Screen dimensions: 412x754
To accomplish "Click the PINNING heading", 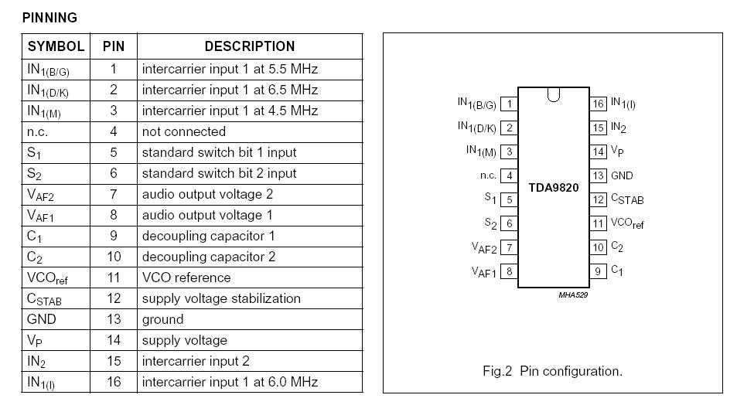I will [x=49, y=17].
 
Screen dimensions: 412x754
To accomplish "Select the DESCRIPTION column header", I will [x=249, y=46].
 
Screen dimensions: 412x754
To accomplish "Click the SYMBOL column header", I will [x=56, y=46].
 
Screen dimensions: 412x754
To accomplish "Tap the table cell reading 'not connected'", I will [x=183, y=131].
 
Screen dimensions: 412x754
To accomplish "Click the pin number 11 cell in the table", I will [x=113, y=278].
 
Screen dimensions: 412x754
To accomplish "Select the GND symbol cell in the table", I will [x=42, y=319].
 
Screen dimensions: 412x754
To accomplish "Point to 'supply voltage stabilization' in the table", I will [x=220, y=298].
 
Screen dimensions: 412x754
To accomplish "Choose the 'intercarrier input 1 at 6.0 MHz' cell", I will [x=230, y=382].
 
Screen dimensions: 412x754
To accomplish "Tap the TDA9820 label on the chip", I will [x=553, y=188].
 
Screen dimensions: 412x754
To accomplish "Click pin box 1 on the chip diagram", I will [x=509, y=104].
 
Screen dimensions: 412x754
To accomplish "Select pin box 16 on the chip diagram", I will [x=598, y=104].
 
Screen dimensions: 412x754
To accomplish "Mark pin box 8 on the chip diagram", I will [x=509, y=271].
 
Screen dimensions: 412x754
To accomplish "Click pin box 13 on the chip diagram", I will [x=598, y=175].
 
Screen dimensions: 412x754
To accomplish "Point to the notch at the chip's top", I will [x=553, y=95].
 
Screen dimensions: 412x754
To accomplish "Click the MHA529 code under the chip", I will [x=573, y=295].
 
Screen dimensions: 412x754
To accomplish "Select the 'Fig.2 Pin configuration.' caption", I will [x=552, y=371].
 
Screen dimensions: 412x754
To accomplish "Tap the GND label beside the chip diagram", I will [x=622, y=175].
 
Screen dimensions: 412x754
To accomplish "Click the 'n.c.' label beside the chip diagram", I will [x=488, y=175].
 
